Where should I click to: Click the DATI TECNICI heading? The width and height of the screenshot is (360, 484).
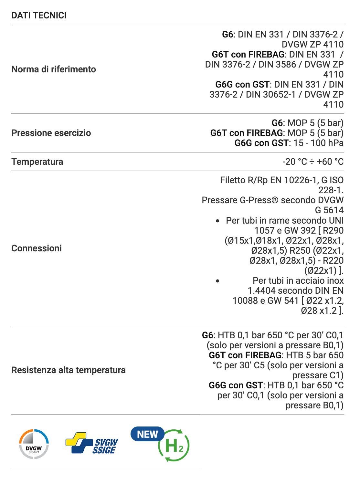coord(39,15)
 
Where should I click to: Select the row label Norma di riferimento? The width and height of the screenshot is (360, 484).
coord(54,69)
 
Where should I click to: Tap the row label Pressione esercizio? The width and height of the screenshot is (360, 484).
coord(51,133)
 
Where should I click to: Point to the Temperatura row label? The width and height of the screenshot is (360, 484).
coord(37,162)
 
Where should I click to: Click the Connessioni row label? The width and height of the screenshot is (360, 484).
coord(37,248)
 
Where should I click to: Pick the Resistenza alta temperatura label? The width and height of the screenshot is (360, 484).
coord(69,370)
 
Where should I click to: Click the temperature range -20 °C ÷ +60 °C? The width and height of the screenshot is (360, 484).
coord(313,162)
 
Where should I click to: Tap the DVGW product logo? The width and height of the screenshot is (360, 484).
coord(34,445)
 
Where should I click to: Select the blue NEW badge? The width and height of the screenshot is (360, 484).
coord(147,434)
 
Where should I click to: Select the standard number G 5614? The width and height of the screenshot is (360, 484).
coord(329,210)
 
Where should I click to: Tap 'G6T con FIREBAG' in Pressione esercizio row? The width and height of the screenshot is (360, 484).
coord(247,133)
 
